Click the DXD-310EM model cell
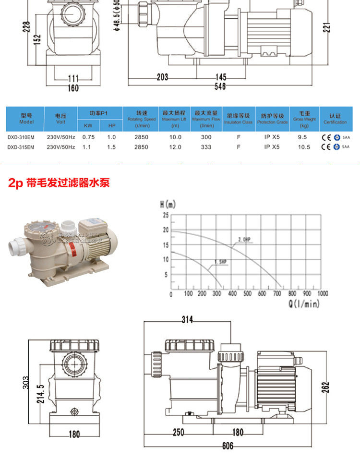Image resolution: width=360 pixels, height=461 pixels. tap(21, 137)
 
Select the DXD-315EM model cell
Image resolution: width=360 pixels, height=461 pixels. tap(21, 147)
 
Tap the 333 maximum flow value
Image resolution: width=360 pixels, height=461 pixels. tap(206, 147)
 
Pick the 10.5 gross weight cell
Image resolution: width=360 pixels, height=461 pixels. tap(303, 147)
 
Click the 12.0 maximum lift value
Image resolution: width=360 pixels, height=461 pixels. tap(175, 147)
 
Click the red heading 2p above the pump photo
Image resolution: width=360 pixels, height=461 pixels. tap(16, 183)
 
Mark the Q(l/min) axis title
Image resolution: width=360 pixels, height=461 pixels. tap(304, 303)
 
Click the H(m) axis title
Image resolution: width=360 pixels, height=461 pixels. tap(168, 205)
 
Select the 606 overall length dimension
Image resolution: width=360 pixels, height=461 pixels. tap(228, 446)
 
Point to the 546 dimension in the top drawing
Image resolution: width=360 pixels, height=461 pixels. tap(219, 86)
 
